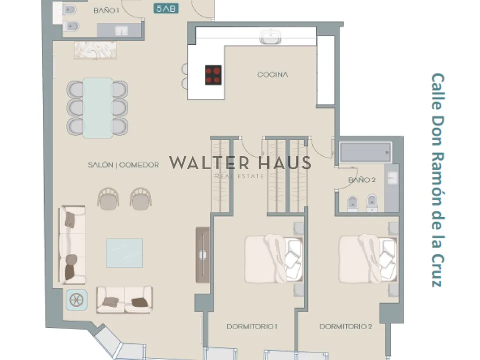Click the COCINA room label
coord(272,74)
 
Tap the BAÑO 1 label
coord(106,10)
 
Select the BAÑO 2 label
coord(362,179)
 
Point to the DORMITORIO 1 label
coord(252,326)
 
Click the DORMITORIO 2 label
coord(346,326)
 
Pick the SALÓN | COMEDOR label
coord(123,165)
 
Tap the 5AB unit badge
coord(166,8)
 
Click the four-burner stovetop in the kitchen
coord(213,75)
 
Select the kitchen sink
coord(270,36)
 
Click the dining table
coord(97,108)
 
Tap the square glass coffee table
coord(124,253)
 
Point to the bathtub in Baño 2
coord(365,152)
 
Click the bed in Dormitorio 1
coord(273,259)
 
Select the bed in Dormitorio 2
coord(368,259)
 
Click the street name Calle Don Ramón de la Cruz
coord(438,180)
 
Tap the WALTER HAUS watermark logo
coord(240,166)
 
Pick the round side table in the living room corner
coord(76,299)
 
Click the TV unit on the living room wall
coord(202,254)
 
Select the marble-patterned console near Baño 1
coord(95,50)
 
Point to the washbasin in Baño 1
coord(121,31)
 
